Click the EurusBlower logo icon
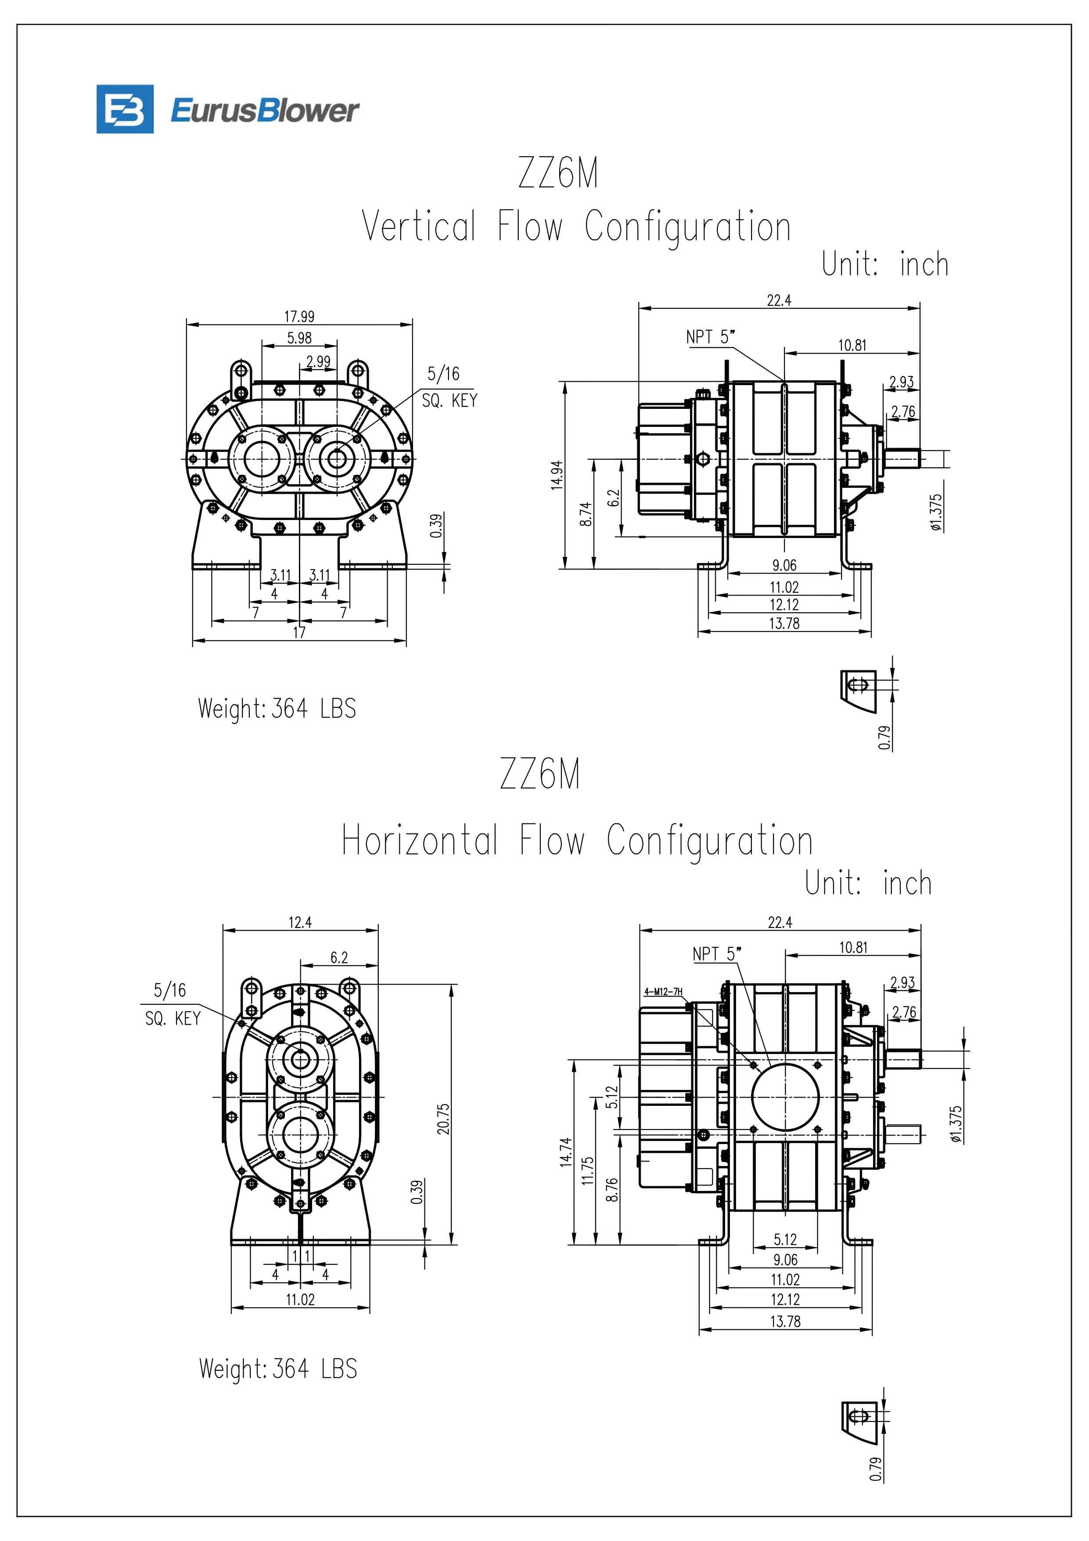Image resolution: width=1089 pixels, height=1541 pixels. tap(125, 109)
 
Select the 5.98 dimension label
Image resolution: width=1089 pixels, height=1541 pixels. tap(299, 338)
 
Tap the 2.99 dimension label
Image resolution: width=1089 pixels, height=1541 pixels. tap(318, 361)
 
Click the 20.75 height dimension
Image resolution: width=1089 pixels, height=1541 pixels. tap(443, 1118)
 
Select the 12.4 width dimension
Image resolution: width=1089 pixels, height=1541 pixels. tap(300, 922)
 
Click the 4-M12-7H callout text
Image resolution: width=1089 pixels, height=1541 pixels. tap(663, 992)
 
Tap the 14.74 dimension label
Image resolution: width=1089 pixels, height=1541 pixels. tap(566, 1152)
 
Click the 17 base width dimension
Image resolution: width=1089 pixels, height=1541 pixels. tap(299, 632)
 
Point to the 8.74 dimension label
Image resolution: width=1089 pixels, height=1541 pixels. tap(586, 514)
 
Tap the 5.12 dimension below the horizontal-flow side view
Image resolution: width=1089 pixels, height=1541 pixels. tap(785, 1239)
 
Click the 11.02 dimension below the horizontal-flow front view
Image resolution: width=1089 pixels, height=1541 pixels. tap(300, 1299)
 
